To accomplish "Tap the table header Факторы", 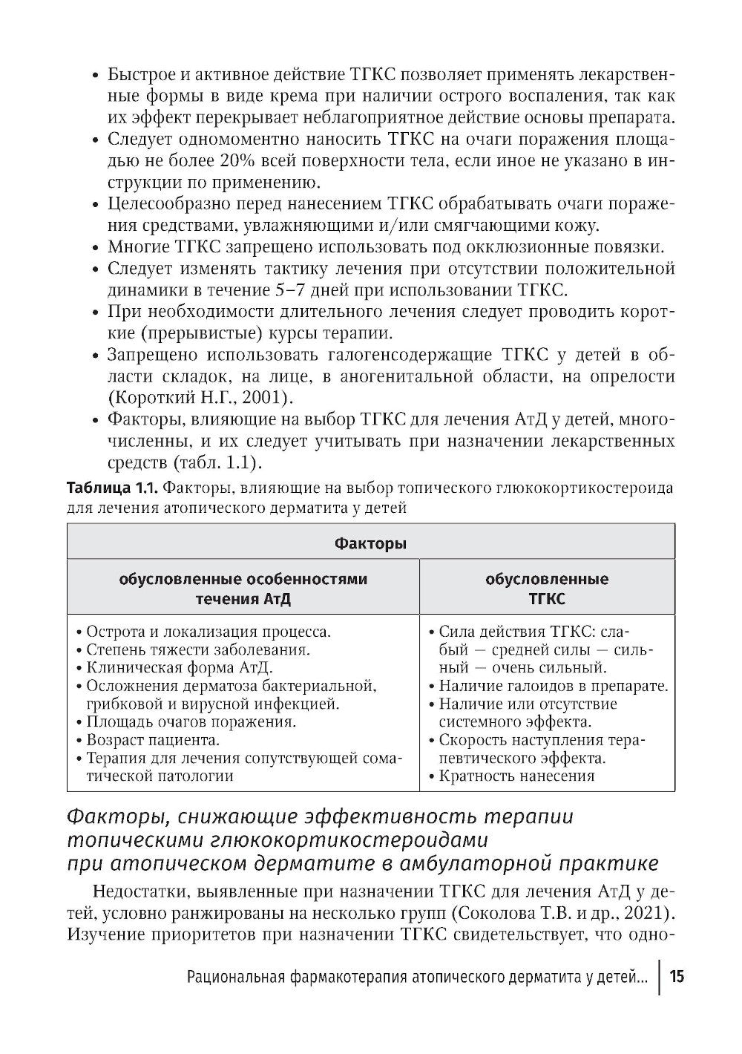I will [x=370, y=544].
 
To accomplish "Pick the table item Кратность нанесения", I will [x=516, y=776].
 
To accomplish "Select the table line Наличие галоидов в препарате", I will [x=554, y=686].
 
